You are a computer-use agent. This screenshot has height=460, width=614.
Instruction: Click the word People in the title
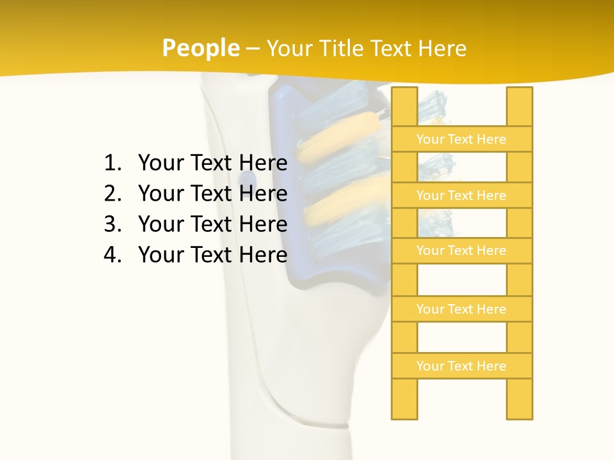point(200,48)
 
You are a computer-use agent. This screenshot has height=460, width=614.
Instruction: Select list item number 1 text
point(212,163)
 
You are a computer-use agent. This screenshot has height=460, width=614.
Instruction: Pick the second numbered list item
point(212,194)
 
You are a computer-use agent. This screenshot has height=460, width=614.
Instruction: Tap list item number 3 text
point(212,224)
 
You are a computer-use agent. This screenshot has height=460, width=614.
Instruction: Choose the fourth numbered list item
point(212,255)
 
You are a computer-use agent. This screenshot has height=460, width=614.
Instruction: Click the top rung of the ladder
point(461,139)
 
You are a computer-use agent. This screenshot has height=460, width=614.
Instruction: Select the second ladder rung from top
point(461,195)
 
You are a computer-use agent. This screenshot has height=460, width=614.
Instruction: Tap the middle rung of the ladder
point(461,250)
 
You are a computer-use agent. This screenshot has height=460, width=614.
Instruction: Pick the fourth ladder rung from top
point(461,309)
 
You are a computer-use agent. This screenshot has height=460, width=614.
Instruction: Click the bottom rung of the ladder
point(461,366)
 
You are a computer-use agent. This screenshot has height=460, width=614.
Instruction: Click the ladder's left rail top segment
point(404,106)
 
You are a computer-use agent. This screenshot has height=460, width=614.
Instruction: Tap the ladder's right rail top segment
point(519,106)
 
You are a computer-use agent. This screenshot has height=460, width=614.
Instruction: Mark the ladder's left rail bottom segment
point(404,399)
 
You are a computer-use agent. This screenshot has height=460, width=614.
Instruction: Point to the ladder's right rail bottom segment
point(519,399)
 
